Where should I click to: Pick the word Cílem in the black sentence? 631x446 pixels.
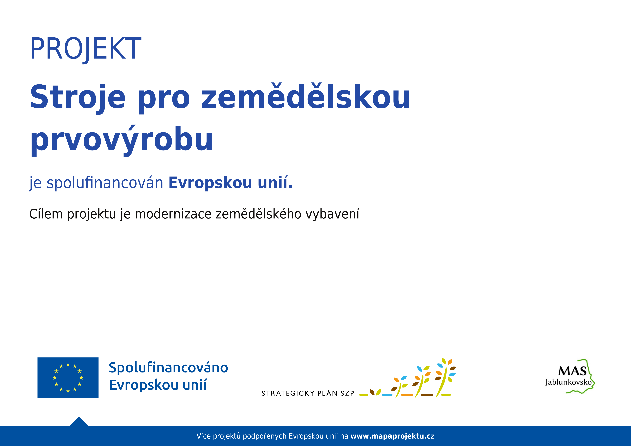pos(46,214)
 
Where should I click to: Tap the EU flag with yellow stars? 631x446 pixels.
pos(68,378)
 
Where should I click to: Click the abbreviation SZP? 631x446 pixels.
pos(347,393)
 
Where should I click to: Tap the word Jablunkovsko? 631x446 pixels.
pos(568,382)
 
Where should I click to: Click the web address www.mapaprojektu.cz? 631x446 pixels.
pos(392,436)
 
